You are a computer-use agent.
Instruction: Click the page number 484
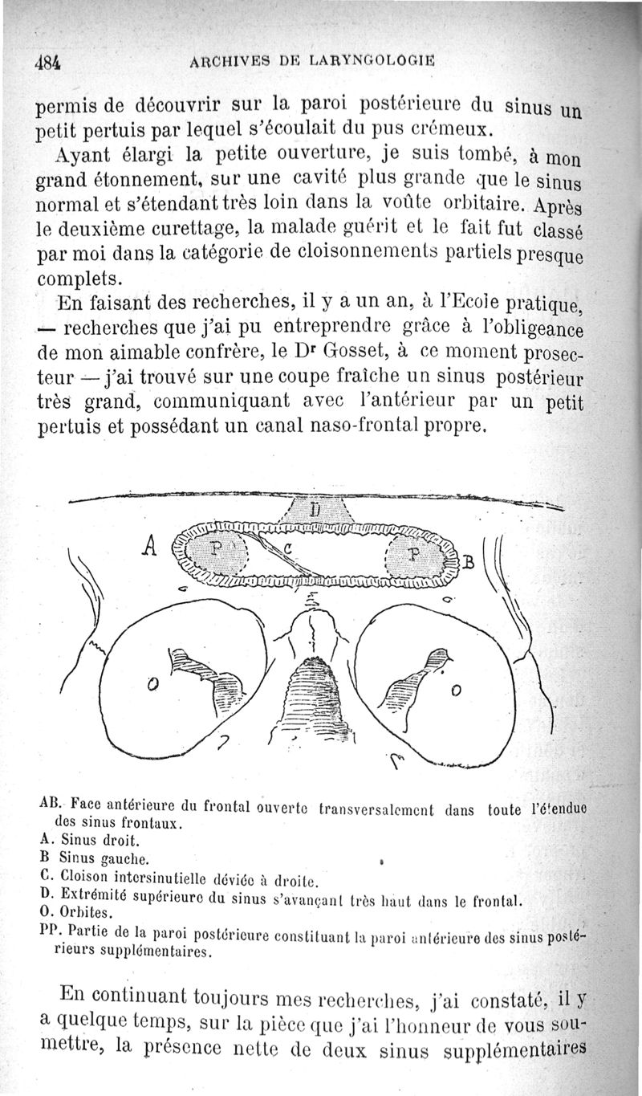click(x=49, y=62)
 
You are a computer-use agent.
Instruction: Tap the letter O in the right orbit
click(x=456, y=690)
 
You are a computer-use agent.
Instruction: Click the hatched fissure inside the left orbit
click(x=205, y=673)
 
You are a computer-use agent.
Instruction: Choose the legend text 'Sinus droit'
click(x=101, y=841)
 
